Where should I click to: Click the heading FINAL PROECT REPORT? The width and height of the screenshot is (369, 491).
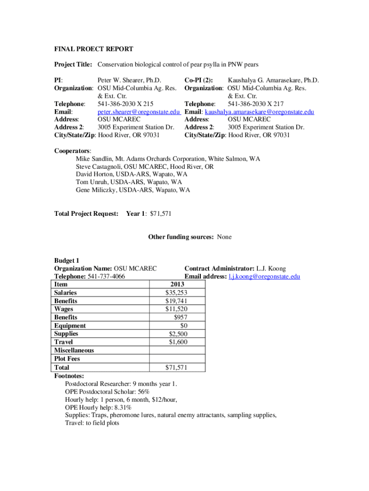tap(93, 49)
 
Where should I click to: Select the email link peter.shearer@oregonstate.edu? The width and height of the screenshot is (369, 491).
tap(138, 112)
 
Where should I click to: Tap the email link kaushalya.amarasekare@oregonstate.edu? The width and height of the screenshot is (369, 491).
tap(259, 112)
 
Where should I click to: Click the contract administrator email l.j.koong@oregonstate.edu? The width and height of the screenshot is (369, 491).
tap(264, 277)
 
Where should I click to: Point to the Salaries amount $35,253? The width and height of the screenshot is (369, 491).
tap(176, 292)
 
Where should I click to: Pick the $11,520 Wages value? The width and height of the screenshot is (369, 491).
tap(176, 309)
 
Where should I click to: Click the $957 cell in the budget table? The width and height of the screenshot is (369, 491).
tap(181, 317)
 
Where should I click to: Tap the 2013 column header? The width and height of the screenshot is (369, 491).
tap(177, 284)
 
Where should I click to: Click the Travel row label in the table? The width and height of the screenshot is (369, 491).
tap(64, 342)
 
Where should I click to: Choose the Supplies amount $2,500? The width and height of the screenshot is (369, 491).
tap(178, 334)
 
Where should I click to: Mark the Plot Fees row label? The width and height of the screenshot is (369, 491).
tap(67, 359)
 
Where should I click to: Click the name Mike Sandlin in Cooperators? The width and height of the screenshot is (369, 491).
tap(93, 159)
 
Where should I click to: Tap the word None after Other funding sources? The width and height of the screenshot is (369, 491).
tap(224, 237)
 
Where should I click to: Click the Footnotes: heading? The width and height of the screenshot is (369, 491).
tap(69, 376)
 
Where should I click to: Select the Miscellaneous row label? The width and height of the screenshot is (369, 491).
tap(74, 350)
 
